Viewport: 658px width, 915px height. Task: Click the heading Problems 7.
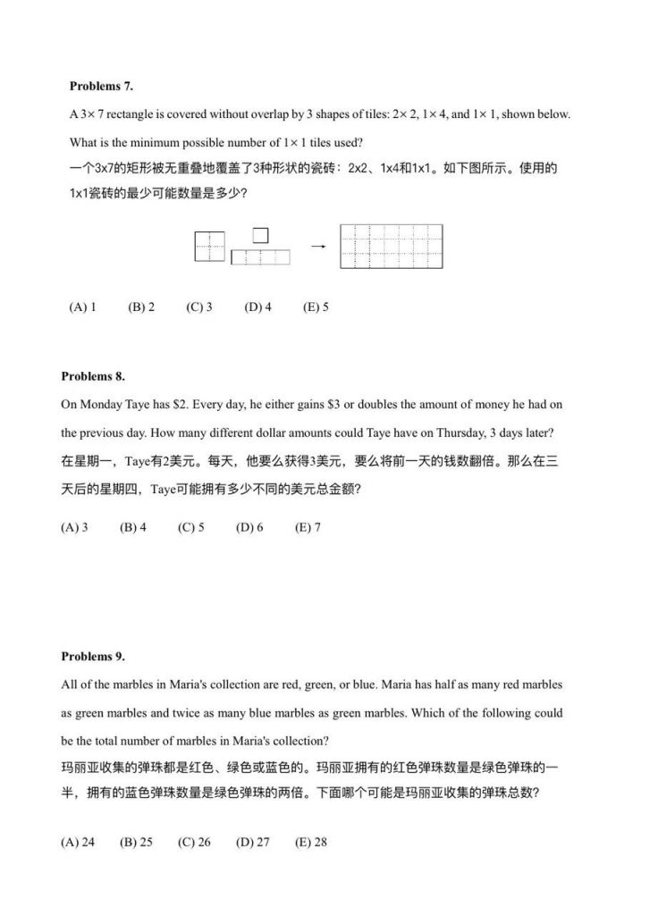point(101,86)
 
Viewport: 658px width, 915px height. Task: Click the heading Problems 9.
point(93,656)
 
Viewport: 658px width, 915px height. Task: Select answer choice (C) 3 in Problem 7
point(199,306)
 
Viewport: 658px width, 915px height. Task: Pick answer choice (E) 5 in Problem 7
point(316,306)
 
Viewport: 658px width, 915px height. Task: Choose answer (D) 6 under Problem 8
point(249,527)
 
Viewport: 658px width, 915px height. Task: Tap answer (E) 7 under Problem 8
point(308,527)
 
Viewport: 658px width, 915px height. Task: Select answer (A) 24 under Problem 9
point(78,842)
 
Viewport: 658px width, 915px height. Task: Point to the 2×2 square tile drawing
point(209,246)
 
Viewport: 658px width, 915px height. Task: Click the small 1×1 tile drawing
point(260,235)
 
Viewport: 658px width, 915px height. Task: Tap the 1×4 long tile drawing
point(261,257)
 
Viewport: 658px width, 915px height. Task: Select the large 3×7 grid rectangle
point(391,246)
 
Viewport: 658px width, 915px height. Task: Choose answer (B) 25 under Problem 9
point(136,842)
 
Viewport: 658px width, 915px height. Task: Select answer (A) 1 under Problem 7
point(82,306)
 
